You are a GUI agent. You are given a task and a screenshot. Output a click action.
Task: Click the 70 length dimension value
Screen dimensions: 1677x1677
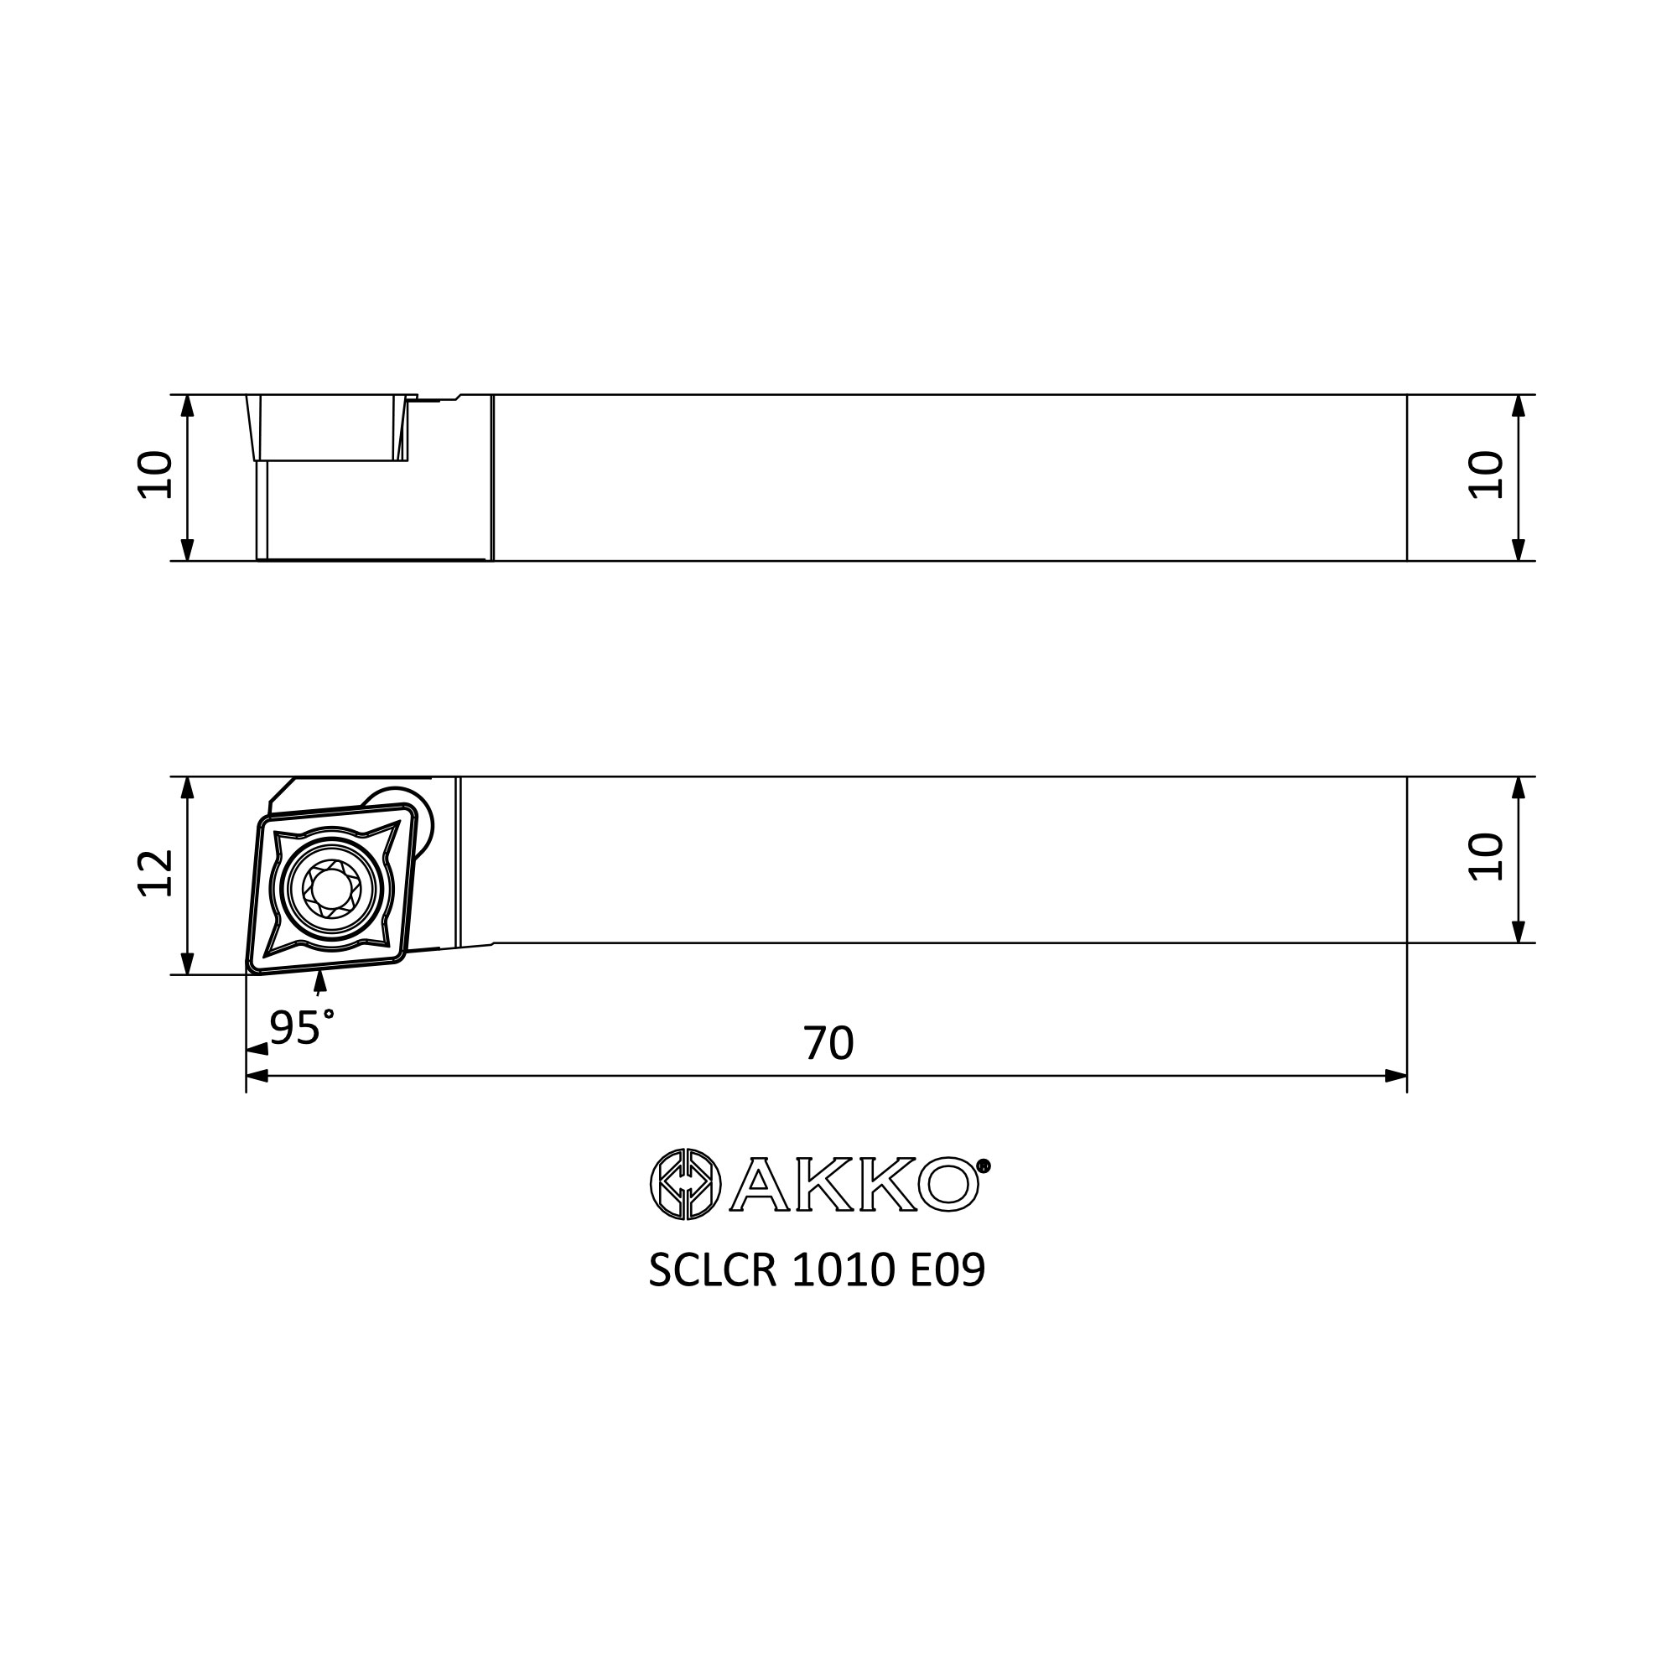[x=828, y=1043]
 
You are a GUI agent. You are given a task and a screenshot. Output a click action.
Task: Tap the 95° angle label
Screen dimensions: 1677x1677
[x=301, y=1028]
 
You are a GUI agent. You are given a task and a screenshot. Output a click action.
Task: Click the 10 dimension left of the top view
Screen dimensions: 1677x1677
[x=157, y=475]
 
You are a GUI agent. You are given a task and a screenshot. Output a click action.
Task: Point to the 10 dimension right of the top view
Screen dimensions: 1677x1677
[x=1485, y=475]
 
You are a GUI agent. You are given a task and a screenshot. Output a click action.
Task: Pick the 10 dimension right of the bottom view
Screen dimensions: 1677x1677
[x=1485, y=857]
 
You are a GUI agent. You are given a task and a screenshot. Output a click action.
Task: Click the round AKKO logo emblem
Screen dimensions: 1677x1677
[x=686, y=1184]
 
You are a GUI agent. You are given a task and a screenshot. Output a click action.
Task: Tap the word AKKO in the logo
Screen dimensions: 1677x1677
[x=855, y=1184]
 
